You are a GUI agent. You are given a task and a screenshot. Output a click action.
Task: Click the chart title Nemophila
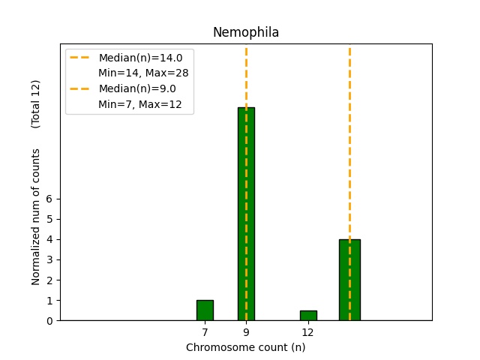point(246,32)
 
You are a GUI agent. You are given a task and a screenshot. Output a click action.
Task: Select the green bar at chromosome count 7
point(205,310)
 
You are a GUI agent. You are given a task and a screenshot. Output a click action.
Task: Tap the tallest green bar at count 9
point(246,214)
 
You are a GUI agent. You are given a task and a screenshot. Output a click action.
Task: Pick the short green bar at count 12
point(308,315)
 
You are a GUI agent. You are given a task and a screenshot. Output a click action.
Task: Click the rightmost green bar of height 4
point(349,280)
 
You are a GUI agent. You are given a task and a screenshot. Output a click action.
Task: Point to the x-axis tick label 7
point(205,331)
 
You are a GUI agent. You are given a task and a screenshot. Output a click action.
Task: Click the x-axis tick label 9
point(246,331)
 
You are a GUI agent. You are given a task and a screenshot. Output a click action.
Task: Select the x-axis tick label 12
point(307,331)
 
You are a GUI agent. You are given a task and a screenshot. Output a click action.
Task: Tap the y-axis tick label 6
point(49,199)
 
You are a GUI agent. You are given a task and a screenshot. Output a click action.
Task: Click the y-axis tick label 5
point(49,219)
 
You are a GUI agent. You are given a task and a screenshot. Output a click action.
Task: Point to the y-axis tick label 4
point(49,239)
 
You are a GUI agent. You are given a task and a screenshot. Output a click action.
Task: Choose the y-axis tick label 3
point(49,259)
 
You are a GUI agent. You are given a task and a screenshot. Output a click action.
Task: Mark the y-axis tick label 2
point(49,280)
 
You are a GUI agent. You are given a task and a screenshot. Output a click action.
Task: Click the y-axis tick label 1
point(49,300)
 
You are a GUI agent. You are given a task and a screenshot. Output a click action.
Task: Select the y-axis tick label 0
point(49,320)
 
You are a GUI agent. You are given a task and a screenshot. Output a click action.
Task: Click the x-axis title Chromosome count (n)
point(246,347)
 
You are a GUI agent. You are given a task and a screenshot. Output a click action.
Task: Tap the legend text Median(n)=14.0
point(140,58)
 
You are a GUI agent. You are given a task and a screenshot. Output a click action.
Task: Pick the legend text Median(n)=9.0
point(137,88)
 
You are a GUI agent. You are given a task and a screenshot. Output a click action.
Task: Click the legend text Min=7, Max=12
point(140,104)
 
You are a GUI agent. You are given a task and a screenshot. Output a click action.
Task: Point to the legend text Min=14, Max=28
point(143,73)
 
